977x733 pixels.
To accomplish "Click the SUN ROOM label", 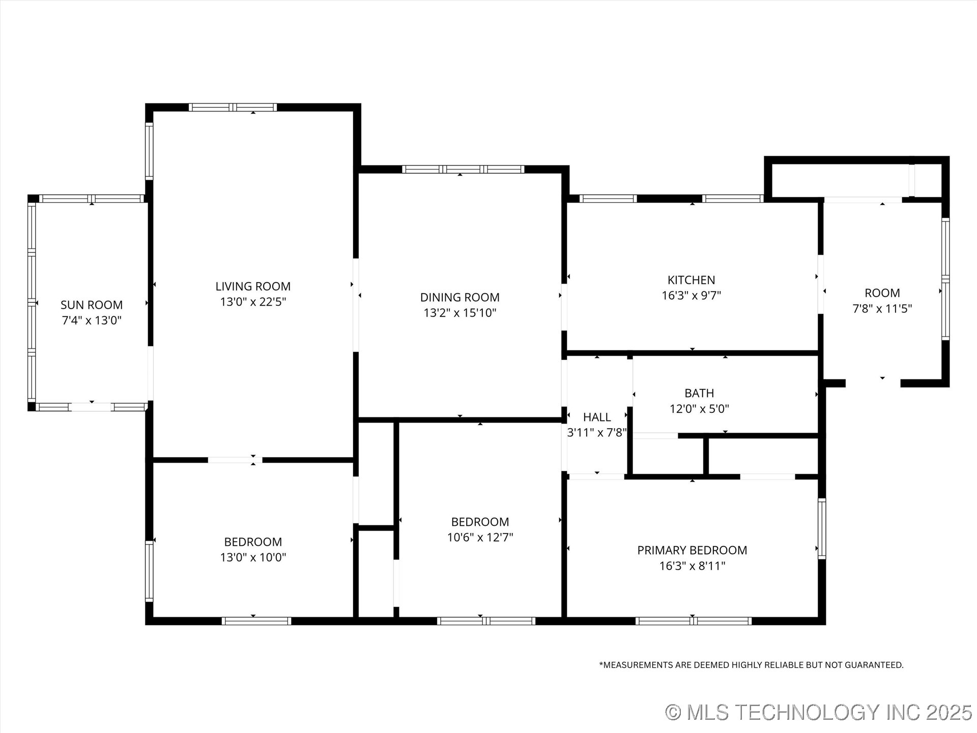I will (92, 305).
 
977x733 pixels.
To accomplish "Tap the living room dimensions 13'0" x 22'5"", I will (253, 302).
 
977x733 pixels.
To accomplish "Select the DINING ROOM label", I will (459, 297).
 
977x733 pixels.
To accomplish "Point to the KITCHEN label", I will (691, 280).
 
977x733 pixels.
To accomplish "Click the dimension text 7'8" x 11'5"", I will (882, 308).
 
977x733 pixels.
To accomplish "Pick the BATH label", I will (699, 393).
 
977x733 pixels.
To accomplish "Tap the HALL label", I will (596, 417).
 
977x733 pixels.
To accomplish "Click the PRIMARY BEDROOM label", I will (692, 550).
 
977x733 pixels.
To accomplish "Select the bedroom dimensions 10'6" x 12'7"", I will (480, 538).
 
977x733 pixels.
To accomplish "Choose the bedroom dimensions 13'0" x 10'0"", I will (253, 557).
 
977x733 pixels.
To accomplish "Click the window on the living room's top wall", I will (233, 107).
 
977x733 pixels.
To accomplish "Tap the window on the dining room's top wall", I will (463, 170).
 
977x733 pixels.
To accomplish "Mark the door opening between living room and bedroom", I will (235, 460).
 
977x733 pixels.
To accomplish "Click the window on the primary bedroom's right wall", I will (821, 528).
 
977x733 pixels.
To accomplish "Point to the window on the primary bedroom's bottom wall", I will (693, 621).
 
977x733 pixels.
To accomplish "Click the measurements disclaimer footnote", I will (751, 665).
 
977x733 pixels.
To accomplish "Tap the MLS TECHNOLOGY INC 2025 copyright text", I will (819, 712).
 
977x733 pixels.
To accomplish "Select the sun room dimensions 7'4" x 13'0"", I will (92, 321).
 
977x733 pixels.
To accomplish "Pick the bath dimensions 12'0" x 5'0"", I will (699, 409).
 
